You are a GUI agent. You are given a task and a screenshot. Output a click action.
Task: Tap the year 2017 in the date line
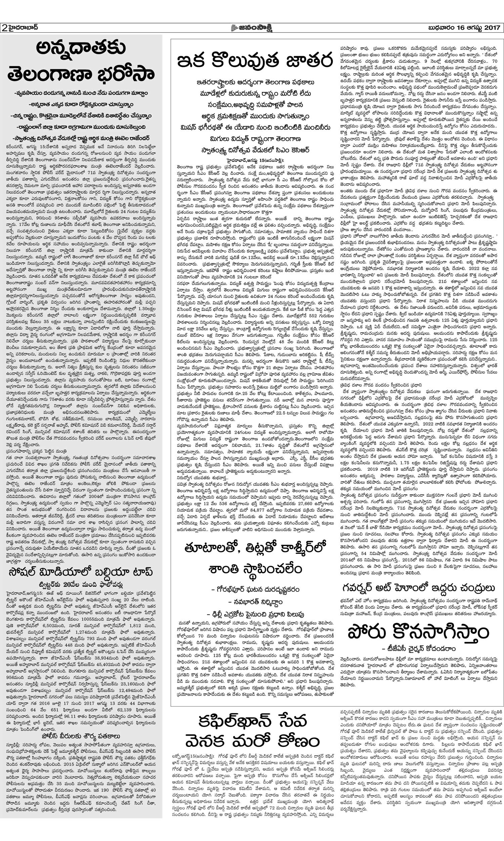(x=491, y=28)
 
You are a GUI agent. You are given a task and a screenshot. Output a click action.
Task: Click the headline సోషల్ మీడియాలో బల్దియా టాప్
(x=81, y=573)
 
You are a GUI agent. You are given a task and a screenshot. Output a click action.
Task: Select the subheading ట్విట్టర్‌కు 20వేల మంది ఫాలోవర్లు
(x=81, y=585)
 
